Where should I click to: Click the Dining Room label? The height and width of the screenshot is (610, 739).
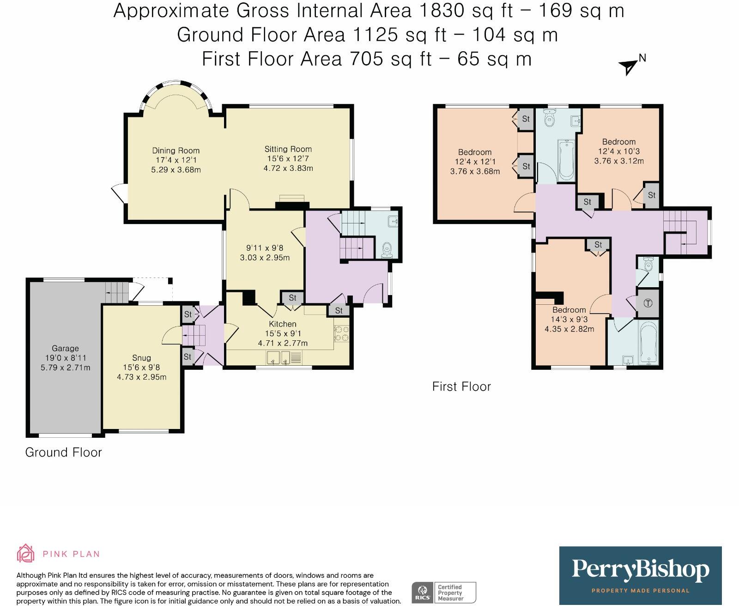pyautogui.click(x=176, y=151)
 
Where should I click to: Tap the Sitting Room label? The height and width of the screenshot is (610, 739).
pyautogui.click(x=288, y=149)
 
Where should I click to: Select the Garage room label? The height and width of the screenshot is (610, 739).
pyautogui.click(x=65, y=349)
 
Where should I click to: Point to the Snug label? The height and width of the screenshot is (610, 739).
pyautogui.click(x=141, y=358)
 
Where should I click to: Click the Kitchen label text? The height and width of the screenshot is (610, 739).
pyautogui.click(x=283, y=324)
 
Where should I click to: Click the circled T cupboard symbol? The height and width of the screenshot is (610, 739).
pyautogui.click(x=648, y=303)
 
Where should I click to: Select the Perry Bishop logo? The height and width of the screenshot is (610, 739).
pyautogui.click(x=640, y=575)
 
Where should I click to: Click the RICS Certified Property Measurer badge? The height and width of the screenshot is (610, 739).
pyautogui.click(x=444, y=592)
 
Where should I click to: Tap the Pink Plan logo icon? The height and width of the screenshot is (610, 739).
pyautogui.click(x=25, y=553)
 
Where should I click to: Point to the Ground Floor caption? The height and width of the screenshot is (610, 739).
pyautogui.click(x=63, y=452)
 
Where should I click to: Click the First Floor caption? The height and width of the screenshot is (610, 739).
pyautogui.click(x=461, y=387)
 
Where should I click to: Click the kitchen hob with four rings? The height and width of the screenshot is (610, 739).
pyautogui.click(x=342, y=334)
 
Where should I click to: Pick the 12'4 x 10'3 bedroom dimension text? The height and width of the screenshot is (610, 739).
pyautogui.click(x=619, y=151)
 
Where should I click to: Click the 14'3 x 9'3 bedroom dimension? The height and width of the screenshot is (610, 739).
pyautogui.click(x=569, y=320)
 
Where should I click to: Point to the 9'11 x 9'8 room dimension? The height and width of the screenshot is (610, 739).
pyautogui.click(x=265, y=248)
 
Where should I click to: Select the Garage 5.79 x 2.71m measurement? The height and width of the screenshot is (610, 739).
pyautogui.click(x=65, y=368)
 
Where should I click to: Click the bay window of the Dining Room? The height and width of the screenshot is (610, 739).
pyautogui.click(x=176, y=92)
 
